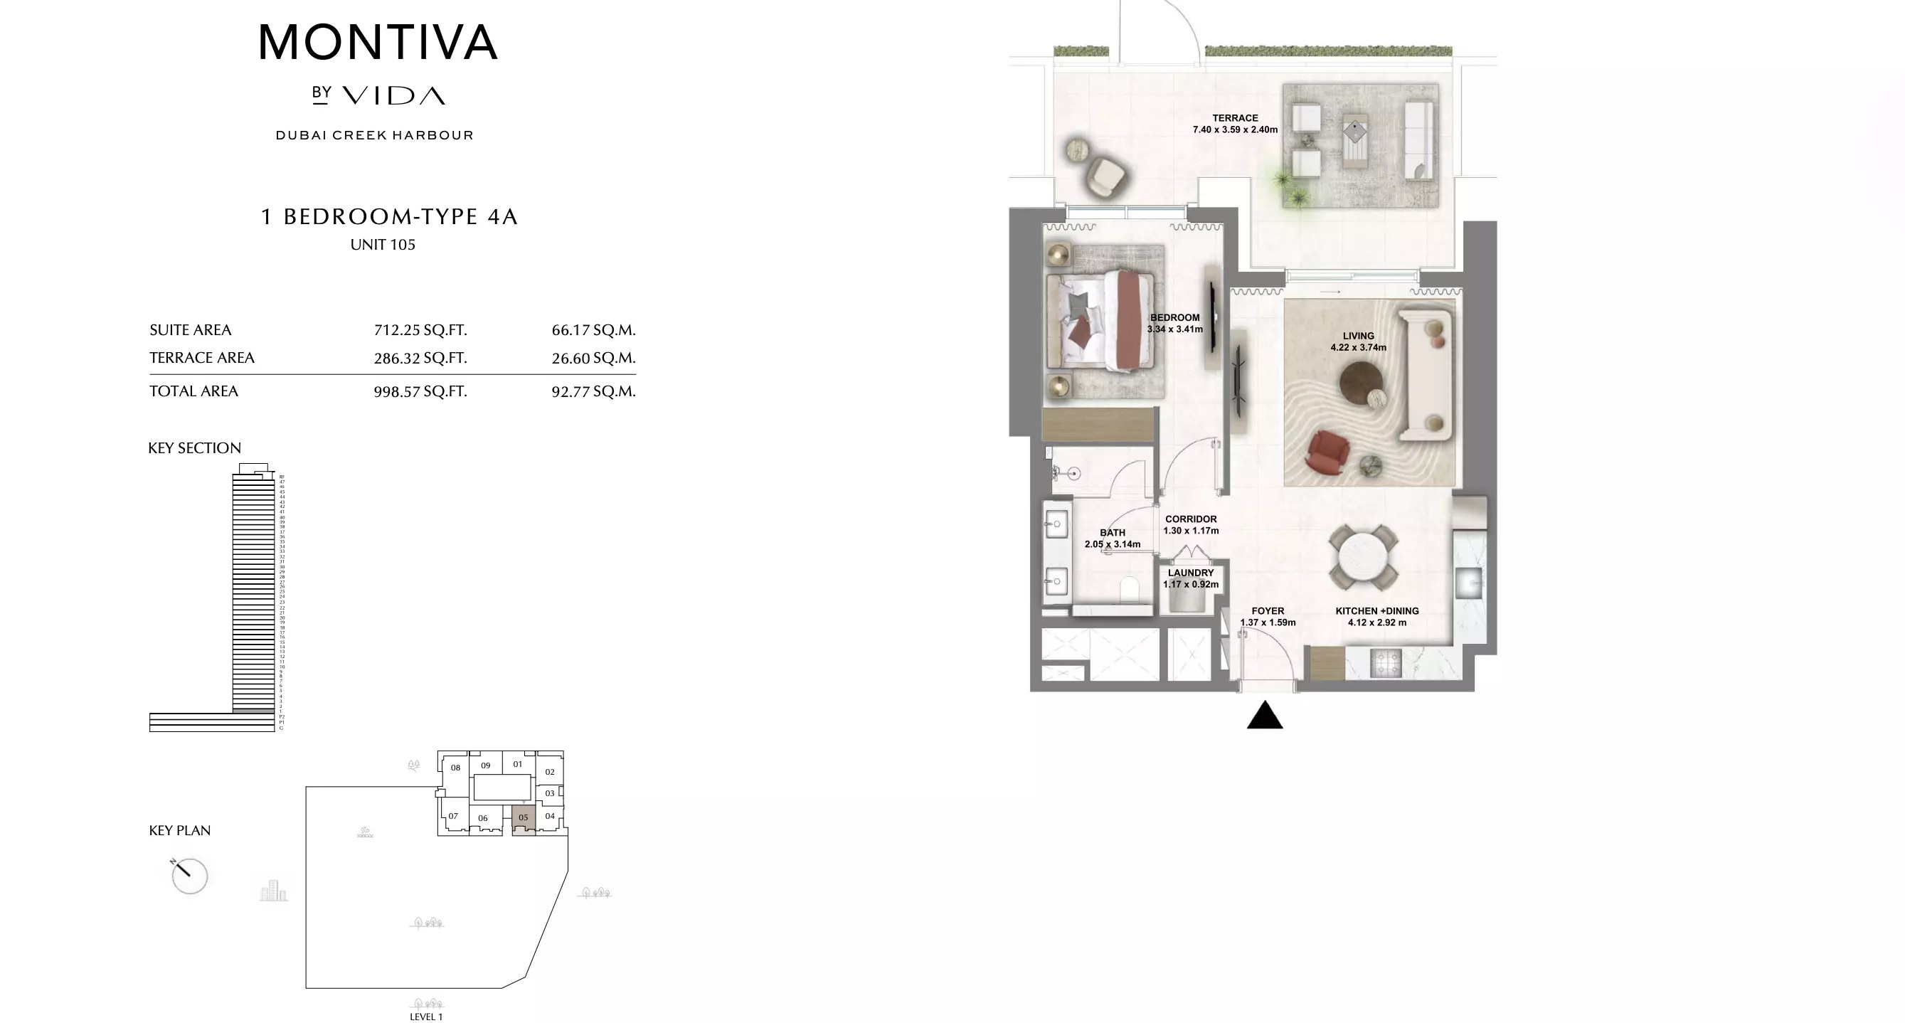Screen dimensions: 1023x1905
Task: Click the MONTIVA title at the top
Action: pos(377,43)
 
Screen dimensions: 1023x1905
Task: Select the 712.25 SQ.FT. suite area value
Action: pos(420,330)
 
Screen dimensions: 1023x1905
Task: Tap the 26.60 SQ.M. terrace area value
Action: pos(593,358)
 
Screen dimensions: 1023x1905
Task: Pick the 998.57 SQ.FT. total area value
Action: pos(420,391)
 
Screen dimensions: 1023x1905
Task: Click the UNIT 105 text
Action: pos(382,245)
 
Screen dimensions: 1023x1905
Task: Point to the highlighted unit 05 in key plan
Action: pos(524,817)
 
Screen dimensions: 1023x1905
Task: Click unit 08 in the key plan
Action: pos(455,767)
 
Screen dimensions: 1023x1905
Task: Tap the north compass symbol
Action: pos(189,876)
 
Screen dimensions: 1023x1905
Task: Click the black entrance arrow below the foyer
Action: pos(1265,715)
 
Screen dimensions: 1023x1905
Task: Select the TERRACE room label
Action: pos(1235,117)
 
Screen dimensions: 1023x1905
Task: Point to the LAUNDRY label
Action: pos(1191,573)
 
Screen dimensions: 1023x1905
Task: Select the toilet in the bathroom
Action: pos(1129,591)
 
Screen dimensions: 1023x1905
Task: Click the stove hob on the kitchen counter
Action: pos(1386,662)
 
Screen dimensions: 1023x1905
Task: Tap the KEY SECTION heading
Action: pos(194,448)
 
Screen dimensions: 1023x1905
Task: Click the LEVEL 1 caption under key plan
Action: pos(426,1017)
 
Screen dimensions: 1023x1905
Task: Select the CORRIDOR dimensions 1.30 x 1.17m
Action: pos(1191,531)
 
